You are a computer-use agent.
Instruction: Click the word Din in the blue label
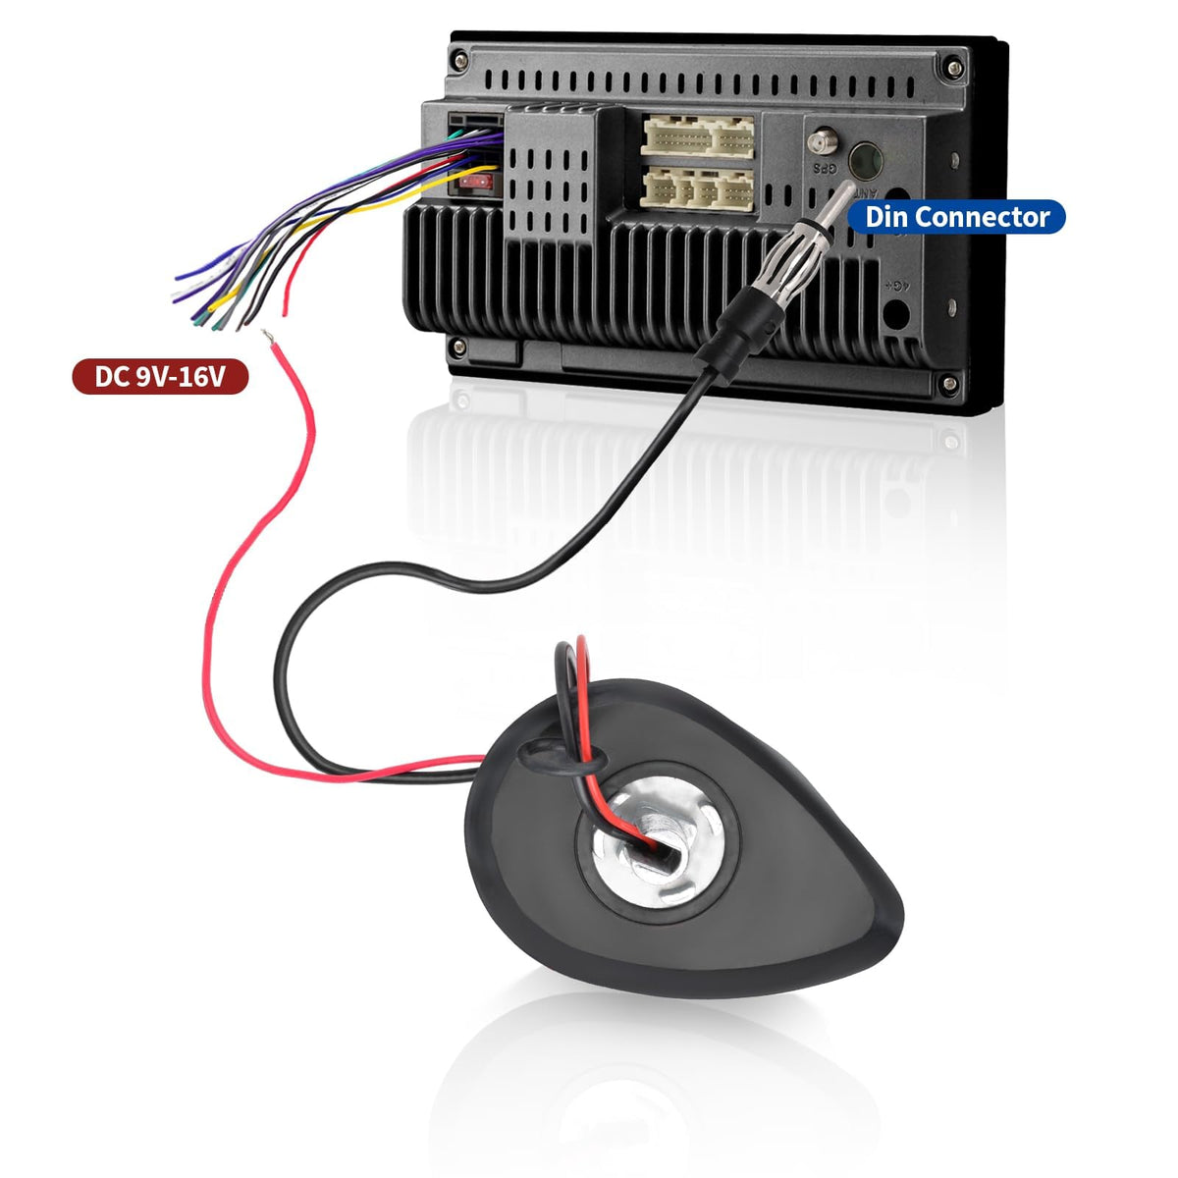pyautogui.click(x=886, y=217)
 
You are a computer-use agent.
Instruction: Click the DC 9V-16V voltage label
pyautogui.click(x=160, y=377)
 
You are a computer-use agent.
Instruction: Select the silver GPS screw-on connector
pyautogui.click(x=823, y=143)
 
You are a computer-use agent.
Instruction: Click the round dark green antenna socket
pyautogui.click(x=866, y=161)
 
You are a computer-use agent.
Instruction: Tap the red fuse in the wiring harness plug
pyautogui.click(x=475, y=182)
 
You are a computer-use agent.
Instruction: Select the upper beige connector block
pyautogui.click(x=697, y=136)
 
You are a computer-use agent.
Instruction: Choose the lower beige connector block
pyautogui.click(x=697, y=189)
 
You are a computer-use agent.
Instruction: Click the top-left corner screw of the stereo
pyautogui.click(x=459, y=60)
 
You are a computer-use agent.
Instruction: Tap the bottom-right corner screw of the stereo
pyautogui.click(x=949, y=384)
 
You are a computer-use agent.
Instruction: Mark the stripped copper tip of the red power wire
pyautogui.click(x=267, y=337)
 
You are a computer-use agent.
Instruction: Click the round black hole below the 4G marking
pyautogui.click(x=896, y=313)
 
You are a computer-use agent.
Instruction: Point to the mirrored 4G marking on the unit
pyautogui.click(x=895, y=285)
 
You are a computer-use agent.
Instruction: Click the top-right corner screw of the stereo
pyautogui.click(x=953, y=69)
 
